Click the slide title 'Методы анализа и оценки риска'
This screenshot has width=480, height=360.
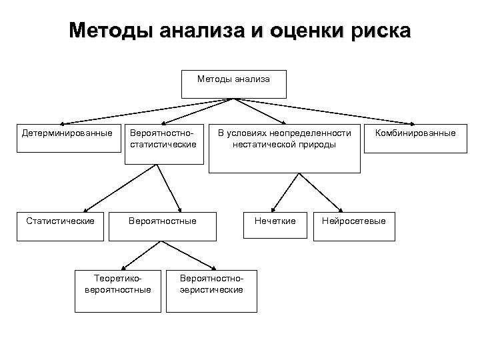pos(240,31)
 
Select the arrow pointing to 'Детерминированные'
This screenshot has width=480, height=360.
pos(143,111)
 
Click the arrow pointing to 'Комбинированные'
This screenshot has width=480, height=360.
pos(327,111)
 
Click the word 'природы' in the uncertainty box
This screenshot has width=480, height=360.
pos(319,144)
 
